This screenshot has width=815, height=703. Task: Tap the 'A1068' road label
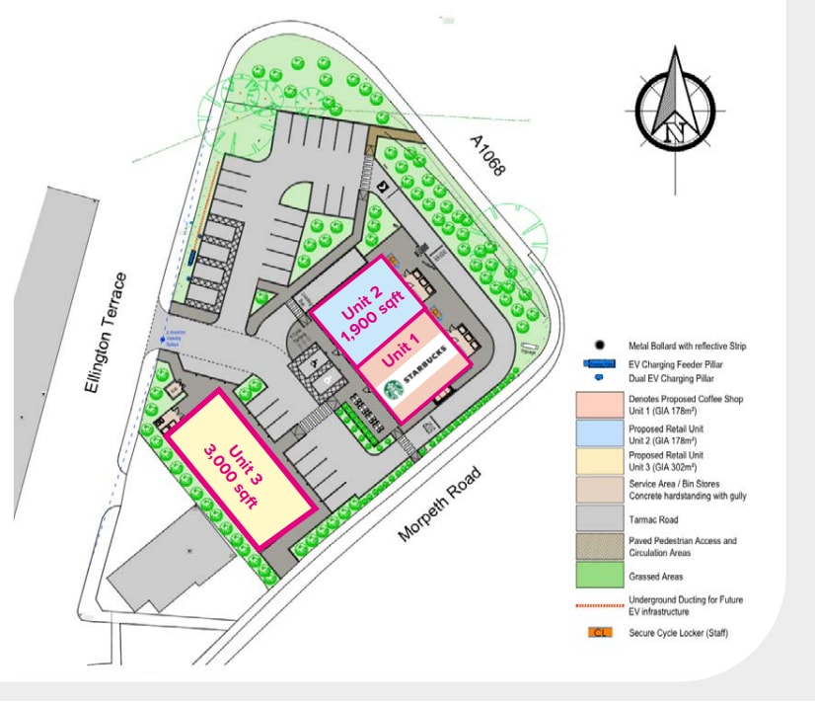click(x=486, y=155)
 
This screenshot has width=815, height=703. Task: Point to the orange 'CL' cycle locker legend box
click(x=599, y=632)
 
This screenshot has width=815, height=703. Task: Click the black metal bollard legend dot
click(x=600, y=347)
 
